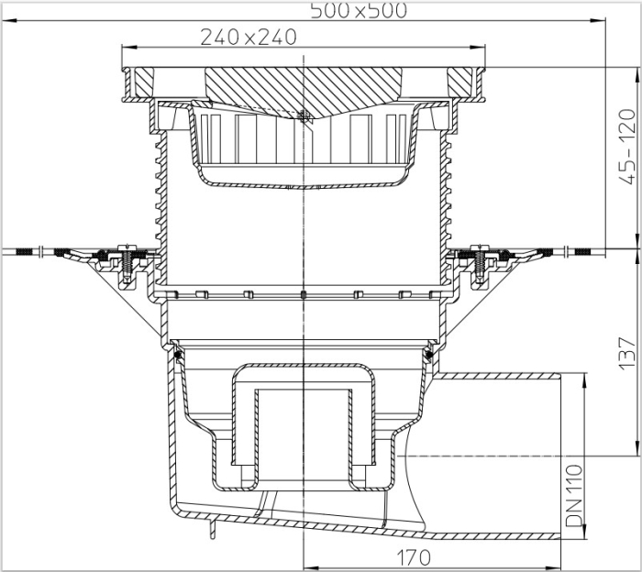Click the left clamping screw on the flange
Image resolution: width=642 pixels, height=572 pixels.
click(x=127, y=260)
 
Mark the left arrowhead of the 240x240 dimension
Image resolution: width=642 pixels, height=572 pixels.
click(x=127, y=48)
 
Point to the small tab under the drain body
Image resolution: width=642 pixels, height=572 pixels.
click(x=214, y=530)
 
